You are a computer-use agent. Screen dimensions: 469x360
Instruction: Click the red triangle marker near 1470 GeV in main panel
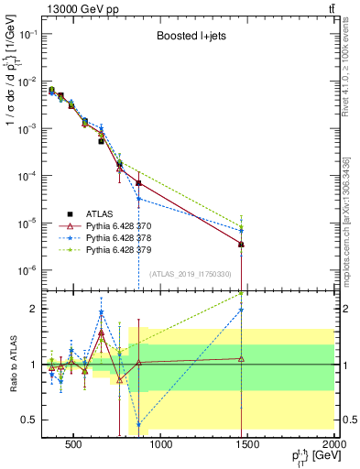tap(241, 245)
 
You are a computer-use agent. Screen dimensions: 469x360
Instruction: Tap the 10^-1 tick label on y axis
tap(27, 34)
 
